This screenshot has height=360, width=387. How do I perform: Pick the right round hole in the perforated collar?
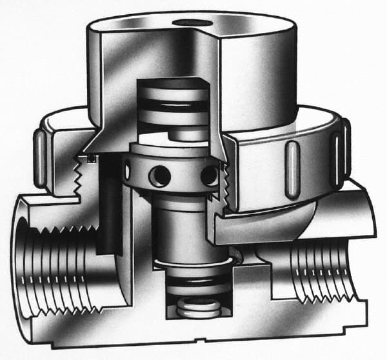(208, 174)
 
